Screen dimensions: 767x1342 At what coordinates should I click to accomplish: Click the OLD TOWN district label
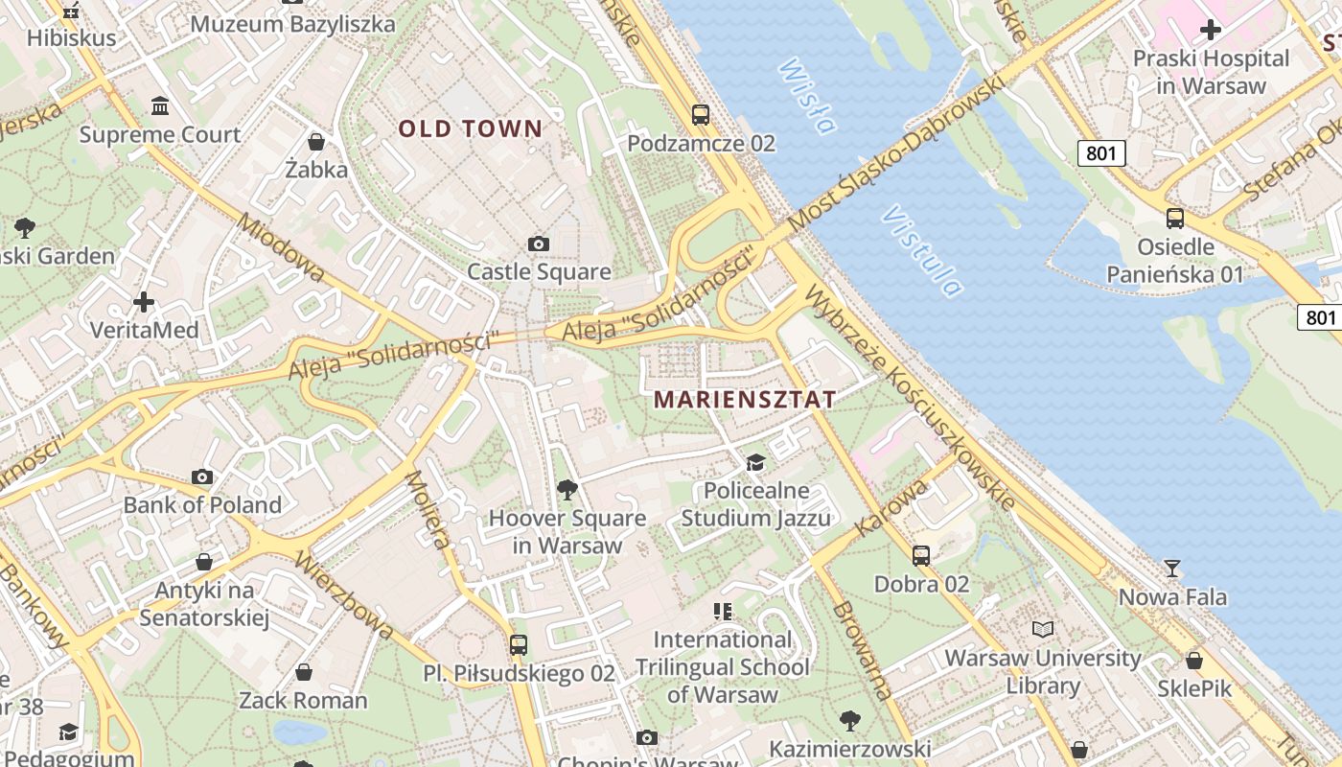click(470, 128)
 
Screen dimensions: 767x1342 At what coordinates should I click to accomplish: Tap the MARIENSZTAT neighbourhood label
click(745, 400)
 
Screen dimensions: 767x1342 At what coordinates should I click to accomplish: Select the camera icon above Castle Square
click(539, 244)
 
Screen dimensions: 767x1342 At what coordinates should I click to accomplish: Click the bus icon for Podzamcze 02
click(701, 115)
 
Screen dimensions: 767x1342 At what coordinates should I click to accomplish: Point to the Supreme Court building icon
click(160, 105)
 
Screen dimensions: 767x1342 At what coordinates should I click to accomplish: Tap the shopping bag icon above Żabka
click(316, 142)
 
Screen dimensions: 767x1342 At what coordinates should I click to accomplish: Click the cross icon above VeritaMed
click(144, 303)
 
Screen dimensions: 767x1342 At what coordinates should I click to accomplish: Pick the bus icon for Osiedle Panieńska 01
click(1175, 219)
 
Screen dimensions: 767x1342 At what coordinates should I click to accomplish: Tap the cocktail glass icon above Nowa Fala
click(1171, 569)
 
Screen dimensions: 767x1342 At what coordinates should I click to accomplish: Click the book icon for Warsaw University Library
click(1043, 630)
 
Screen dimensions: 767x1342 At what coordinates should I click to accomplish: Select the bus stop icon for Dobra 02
click(921, 555)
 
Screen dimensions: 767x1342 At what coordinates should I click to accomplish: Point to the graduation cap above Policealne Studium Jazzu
click(756, 462)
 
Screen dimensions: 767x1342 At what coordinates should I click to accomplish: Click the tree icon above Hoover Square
click(567, 490)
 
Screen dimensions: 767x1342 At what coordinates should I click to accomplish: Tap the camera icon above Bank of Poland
click(202, 476)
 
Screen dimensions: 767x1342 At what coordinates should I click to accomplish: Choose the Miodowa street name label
click(280, 247)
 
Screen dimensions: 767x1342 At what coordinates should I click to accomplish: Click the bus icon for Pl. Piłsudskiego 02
click(519, 644)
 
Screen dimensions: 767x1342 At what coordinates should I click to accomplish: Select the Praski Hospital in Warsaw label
click(1211, 72)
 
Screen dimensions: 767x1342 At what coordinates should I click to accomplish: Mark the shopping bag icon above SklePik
click(1194, 661)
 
